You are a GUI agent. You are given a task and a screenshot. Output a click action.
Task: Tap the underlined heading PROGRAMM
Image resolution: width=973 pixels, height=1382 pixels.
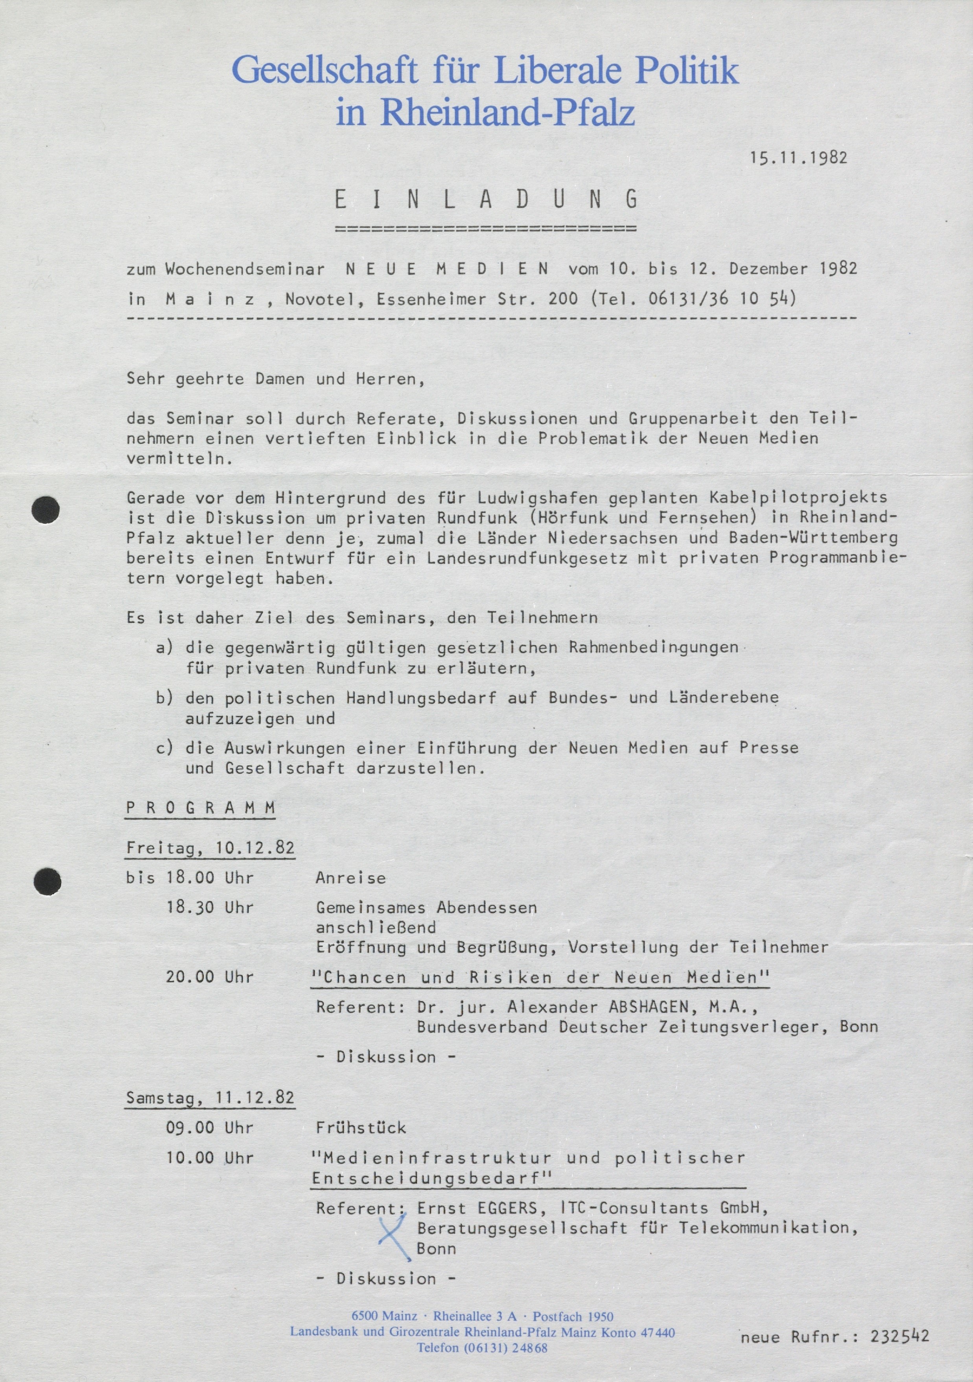201,808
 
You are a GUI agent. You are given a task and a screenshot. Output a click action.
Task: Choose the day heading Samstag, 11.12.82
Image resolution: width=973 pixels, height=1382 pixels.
210,1098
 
